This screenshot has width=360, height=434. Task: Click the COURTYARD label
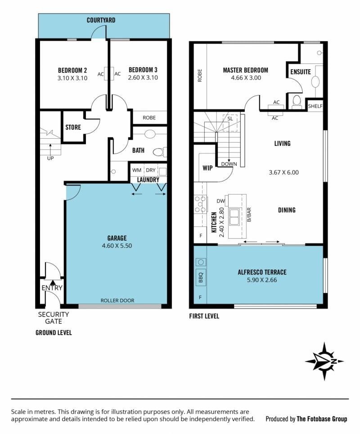101,20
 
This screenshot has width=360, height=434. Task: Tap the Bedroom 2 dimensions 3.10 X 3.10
72,78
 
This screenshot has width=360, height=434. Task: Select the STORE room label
73,127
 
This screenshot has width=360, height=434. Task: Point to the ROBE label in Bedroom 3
149,118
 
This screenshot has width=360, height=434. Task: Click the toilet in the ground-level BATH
160,152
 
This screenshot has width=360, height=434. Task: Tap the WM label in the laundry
137,170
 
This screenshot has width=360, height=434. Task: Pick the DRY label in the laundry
151,170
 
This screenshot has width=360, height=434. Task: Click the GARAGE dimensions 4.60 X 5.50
117,246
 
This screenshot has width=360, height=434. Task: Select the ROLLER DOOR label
117,300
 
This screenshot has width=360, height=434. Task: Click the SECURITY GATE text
54,318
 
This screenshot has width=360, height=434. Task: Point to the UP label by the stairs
50,158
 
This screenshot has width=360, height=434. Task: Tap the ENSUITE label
301,72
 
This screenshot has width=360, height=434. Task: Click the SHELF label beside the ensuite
315,106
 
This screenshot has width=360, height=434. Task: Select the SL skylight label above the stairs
230,119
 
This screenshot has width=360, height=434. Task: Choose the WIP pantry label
207,168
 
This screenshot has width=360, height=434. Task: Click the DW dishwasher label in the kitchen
221,201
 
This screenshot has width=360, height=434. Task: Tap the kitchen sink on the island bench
234,217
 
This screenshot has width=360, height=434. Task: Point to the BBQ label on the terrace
201,277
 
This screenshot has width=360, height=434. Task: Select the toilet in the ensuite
297,101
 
